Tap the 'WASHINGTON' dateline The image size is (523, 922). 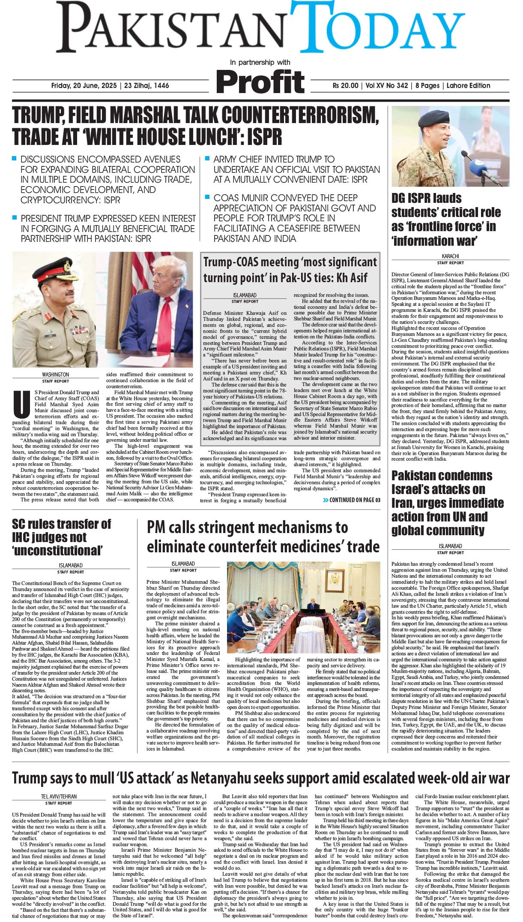tap(56, 374)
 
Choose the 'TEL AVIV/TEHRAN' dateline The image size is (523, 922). tap(59, 796)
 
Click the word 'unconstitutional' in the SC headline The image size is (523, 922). tap(58, 550)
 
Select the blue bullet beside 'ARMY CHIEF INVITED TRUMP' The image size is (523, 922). tap(207, 159)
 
